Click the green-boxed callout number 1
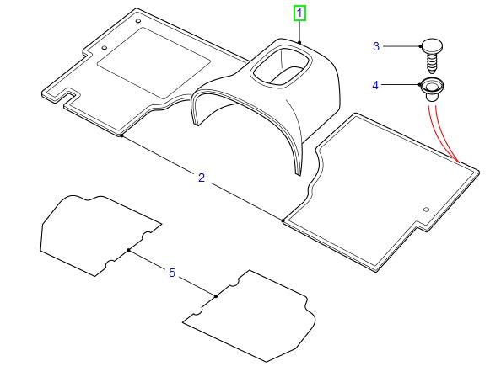(299, 13)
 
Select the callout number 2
(202, 178)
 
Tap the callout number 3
(376, 46)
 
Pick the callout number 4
(375, 85)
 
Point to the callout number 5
(172, 273)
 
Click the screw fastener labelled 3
(431, 56)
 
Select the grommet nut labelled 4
(431, 89)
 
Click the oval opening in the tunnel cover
(281, 66)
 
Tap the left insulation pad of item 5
(100, 236)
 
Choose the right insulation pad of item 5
(249, 316)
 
